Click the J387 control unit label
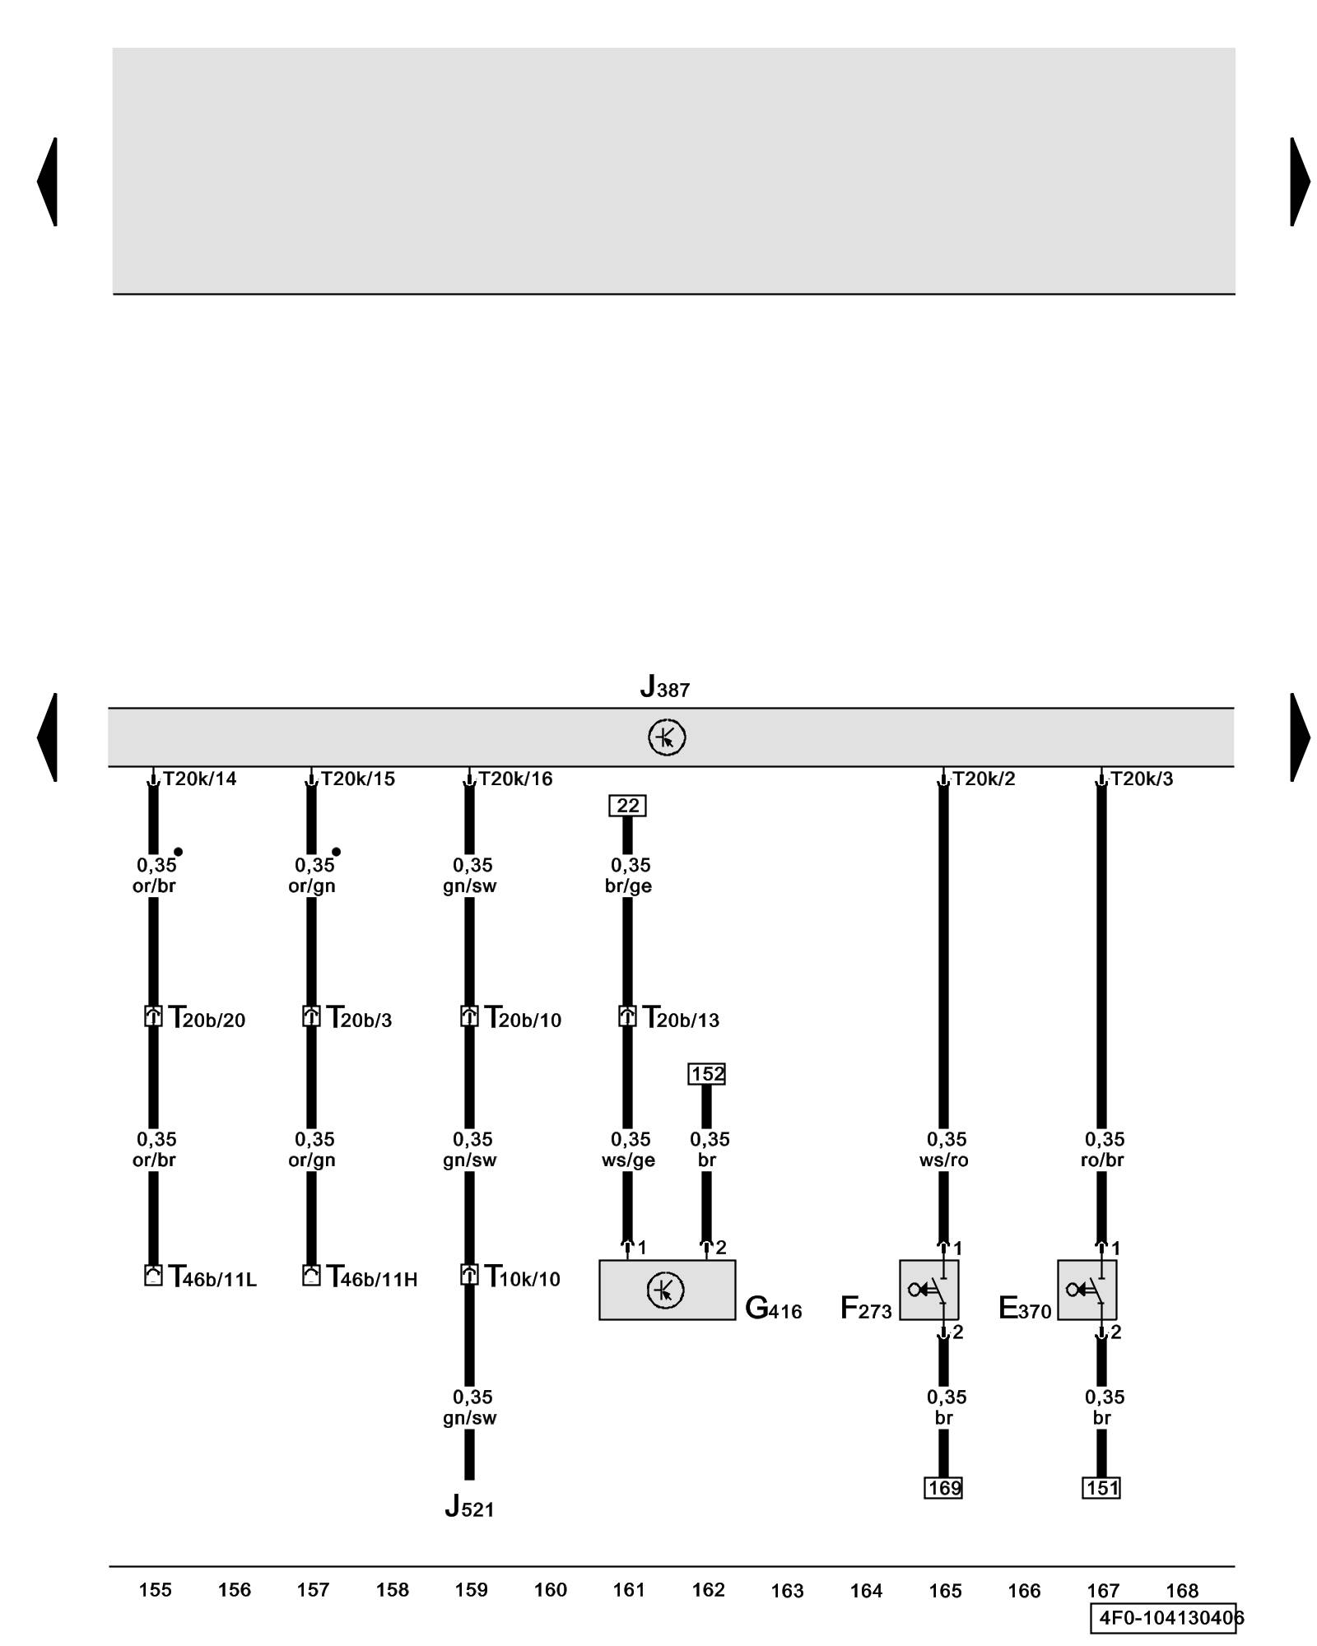[664, 686]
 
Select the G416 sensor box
[667, 1290]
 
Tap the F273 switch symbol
[928, 1290]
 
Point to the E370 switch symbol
[1087, 1290]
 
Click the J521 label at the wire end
[469, 1506]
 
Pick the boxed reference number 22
[627, 806]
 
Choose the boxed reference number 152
[706, 1074]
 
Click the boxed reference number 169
[943, 1488]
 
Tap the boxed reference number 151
[1101, 1488]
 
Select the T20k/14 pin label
[199, 779]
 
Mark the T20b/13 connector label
[680, 1019]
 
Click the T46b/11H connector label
[371, 1278]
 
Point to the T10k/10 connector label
[522, 1278]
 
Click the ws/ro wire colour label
[944, 1160]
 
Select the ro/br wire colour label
[1102, 1160]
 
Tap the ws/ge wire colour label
[628, 1160]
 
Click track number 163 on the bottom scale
[787, 1591]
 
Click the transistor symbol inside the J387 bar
[667, 737]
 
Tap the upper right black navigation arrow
[1299, 182]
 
